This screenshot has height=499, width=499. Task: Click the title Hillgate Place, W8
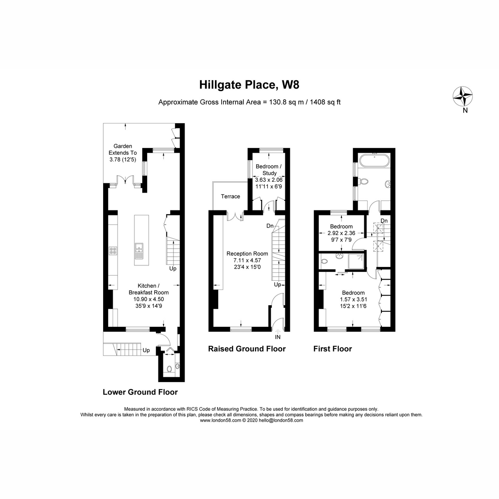click(x=249, y=85)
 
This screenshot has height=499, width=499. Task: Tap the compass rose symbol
click(x=462, y=96)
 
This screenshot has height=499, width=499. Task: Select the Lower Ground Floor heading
click(x=140, y=392)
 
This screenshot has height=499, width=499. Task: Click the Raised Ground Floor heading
click(x=247, y=349)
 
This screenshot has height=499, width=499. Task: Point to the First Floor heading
click(x=332, y=349)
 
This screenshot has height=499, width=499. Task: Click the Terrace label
click(x=230, y=196)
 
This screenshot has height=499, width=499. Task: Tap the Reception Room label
click(x=247, y=254)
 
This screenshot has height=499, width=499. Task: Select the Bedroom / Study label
click(x=269, y=170)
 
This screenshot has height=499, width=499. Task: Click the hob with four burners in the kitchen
click(x=113, y=250)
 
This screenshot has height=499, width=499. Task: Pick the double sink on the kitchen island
click(x=139, y=248)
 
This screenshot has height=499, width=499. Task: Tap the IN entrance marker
click(x=277, y=337)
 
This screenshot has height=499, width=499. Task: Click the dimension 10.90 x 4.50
click(x=148, y=299)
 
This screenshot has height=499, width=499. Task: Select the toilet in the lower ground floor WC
click(x=169, y=369)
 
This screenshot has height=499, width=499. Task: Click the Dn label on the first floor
click(x=384, y=220)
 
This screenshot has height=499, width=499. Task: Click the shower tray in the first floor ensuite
click(x=358, y=261)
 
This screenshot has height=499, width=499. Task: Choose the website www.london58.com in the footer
click(x=220, y=420)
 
